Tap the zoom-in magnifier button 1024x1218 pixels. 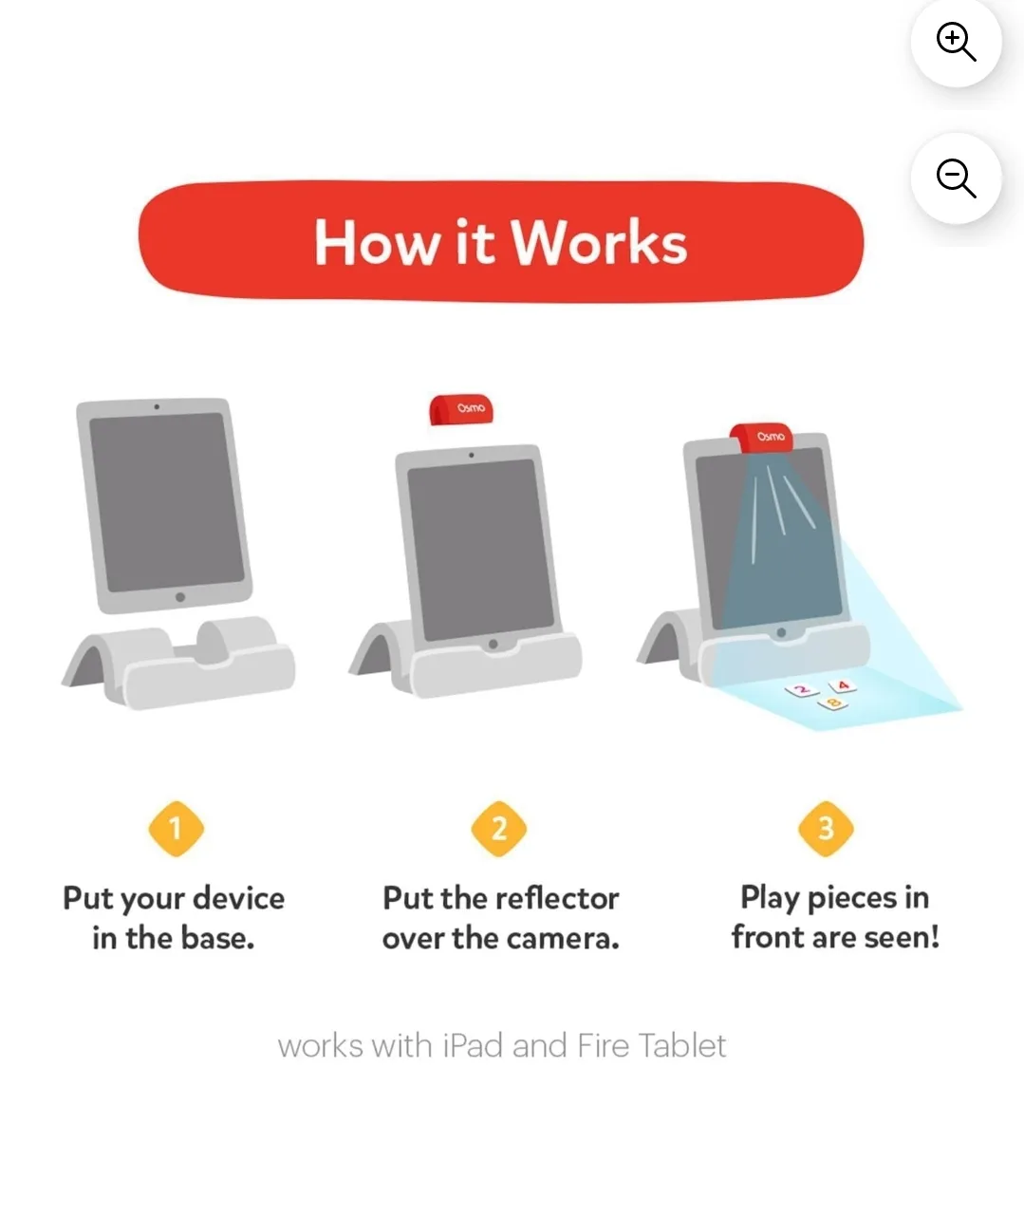(x=956, y=42)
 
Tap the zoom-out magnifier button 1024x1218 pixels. (x=956, y=178)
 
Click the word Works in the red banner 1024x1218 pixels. (x=600, y=243)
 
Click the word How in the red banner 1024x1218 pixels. (x=376, y=243)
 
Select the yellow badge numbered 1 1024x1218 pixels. (x=176, y=829)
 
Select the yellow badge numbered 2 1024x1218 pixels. (x=499, y=829)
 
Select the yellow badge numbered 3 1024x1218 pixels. (x=826, y=829)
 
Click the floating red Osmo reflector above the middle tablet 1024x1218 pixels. (x=461, y=409)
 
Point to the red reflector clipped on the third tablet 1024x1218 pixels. (x=761, y=437)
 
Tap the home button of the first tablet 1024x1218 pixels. (x=180, y=597)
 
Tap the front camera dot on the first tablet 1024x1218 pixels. (x=157, y=407)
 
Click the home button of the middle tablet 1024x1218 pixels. (x=493, y=644)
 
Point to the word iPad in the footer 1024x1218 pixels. (x=473, y=1046)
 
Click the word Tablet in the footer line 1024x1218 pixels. (x=681, y=1046)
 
